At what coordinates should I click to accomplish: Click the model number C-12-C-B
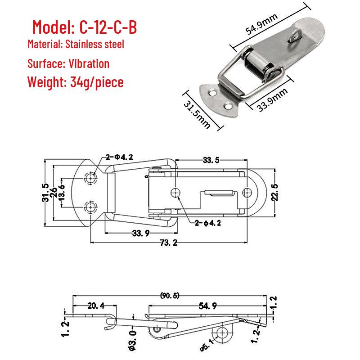[x=108, y=27]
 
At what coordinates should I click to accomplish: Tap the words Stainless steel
[x=94, y=44]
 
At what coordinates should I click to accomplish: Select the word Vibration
[x=89, y=63]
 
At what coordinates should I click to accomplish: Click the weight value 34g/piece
[x=97, y=82]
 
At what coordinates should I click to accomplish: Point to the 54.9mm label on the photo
[x=261, y=24]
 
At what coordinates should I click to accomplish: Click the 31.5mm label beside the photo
[x=197, y=114]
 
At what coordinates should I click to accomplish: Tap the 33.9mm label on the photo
[x=272, y=100]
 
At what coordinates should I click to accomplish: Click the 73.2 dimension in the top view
[x=169, y=243]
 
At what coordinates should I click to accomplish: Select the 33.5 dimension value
[x=211, y=160]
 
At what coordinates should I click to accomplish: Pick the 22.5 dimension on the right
[x=274, y=193]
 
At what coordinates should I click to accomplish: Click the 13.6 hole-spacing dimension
[x=62, y=193]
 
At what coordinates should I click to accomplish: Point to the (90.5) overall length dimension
[x=170, y=296]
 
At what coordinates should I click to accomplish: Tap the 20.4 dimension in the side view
[x=96, y=306]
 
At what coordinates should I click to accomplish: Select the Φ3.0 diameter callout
[x=133, y=340]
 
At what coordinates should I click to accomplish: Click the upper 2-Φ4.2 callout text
[x=119, y=157]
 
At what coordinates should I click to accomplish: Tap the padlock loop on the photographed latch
[x=295, y=37]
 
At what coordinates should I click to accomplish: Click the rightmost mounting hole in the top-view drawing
[x=247, y=193]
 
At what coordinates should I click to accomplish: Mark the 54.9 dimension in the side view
[x=208, y=306]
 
